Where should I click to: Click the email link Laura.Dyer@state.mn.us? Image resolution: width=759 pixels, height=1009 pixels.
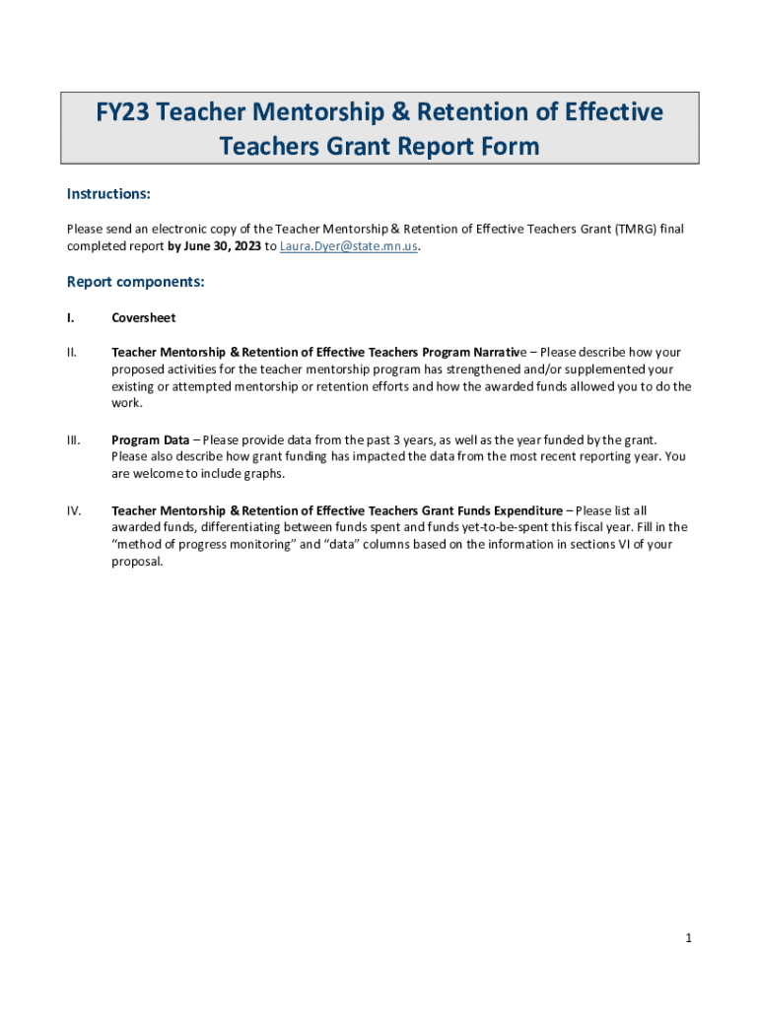point(349,246)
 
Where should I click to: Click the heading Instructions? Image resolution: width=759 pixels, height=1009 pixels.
point(108,193)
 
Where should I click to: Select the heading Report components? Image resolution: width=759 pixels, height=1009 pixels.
point(135,282)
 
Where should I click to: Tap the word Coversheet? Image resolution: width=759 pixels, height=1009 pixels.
point(144,318)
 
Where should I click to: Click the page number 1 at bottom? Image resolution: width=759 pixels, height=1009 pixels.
point(689,938)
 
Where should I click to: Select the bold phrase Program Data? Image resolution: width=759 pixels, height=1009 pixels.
point(151,439)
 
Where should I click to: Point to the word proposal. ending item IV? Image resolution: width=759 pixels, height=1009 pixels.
point(137,563)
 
